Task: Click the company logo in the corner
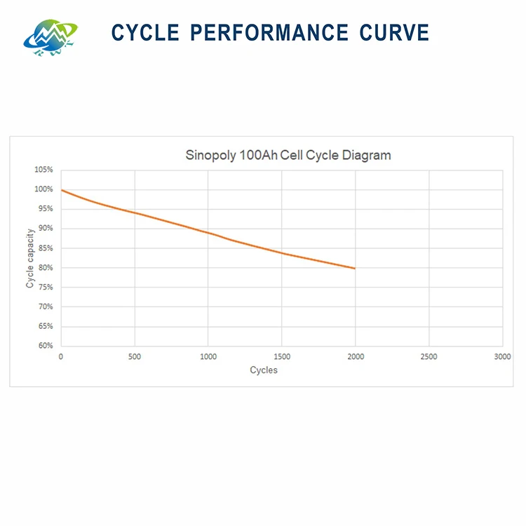pyautogui.click(x=50, y=38)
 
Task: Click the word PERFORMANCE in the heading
pyautogui.click(x=269, y=33)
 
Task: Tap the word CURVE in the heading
pyautogui.click(x=394, y=33)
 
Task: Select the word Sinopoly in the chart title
pyautogui.click(x=210, y=156)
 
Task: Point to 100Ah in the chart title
pyautogui.click(x=258, y=155)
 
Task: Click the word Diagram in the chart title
pyautogui.click(x=366, y=156)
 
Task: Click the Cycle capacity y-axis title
pyautogui.click(x=30, y=258)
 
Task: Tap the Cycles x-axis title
pyautogui.click(x=264, y=370)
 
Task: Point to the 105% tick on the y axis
pyautogui.click(x=43, y=170)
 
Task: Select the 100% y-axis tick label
pyautogui.click(x=43, y=189)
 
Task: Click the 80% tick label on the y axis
pyautogui.click(x=46, y=268)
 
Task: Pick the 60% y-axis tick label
pyautogui.click(x=46, y=346)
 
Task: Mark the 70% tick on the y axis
pyautogui.click(x=46, y=306)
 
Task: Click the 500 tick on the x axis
pyautogui.click(x=135, y=356)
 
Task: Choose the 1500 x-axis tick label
pyautogui.click(x=282, y=356)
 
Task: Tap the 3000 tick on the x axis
pyautogui.click(x=503, y=356)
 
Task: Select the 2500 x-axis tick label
pyautogui.click(x=429, y=356)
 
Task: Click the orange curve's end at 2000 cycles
pyautogui.click(x=355, y=269)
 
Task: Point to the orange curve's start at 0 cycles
pyautogui.click(x=62, y=190)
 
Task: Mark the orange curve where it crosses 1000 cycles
pyautogui.click(x=208, y=232)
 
